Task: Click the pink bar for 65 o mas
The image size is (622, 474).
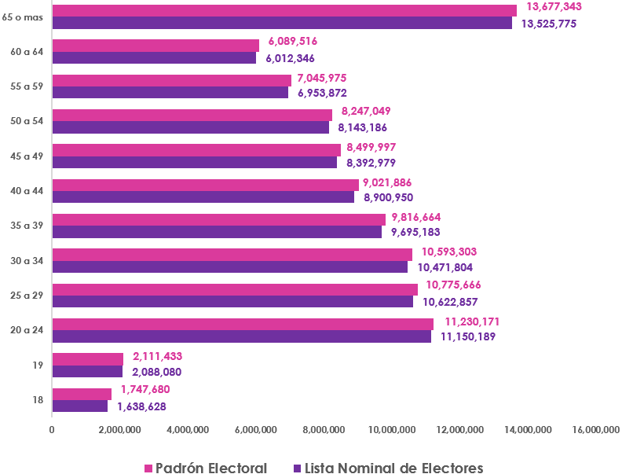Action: pyautogui.click(x=284, y=10)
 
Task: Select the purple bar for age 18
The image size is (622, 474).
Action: pyautogui.click(x=80, y=406)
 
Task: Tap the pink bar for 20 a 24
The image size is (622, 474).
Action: pyautogui.click(x=243, y=324)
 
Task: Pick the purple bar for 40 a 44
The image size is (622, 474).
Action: pyautogui.click(x=203, y=197)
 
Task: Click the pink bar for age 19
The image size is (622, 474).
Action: pyautogui.click(x=88, y=359)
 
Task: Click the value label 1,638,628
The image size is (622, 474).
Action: pyautogui.click(x=141, y=407)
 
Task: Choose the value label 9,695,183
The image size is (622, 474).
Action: pyautogui.click(x=415, y=232)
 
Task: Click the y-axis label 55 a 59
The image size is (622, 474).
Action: pyautogui.click(x=27, y=86)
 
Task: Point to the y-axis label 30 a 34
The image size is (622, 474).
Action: pyautogui.click(x=27, y=261)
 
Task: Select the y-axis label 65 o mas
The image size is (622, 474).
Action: pyautogui.click(x=23, y=17)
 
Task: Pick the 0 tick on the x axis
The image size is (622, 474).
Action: pyautogui.click(x=52, y=429)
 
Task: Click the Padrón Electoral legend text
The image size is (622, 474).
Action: pyautogui.click(x=210, y=468)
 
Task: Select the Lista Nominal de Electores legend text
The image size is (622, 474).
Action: pyautogui.click(x=393, y=468)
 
